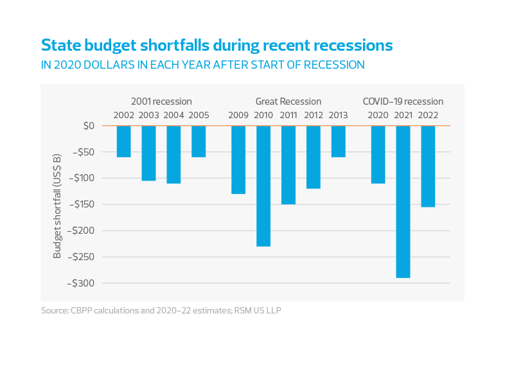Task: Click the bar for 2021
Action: click(x=403, y=202)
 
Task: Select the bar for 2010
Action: click(x=263, y=186)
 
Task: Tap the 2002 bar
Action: click(x=123, y=141)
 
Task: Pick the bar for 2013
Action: click(x=338, y=141)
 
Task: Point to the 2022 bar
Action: click(x=428, y=166)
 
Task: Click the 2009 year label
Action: click(x=238, y=116)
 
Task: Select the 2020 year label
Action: click(x=378, y=116)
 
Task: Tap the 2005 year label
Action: click(x=199, y=116)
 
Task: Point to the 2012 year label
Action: click(x=313, y=116)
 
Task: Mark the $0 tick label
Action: click(x=89, y=126)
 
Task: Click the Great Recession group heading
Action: click(x=288, y=101)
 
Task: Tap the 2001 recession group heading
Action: click(x=161, y=101)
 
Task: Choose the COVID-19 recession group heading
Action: click(x=403, y=101)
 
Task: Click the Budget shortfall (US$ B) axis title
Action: click(x=57, y=206)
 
